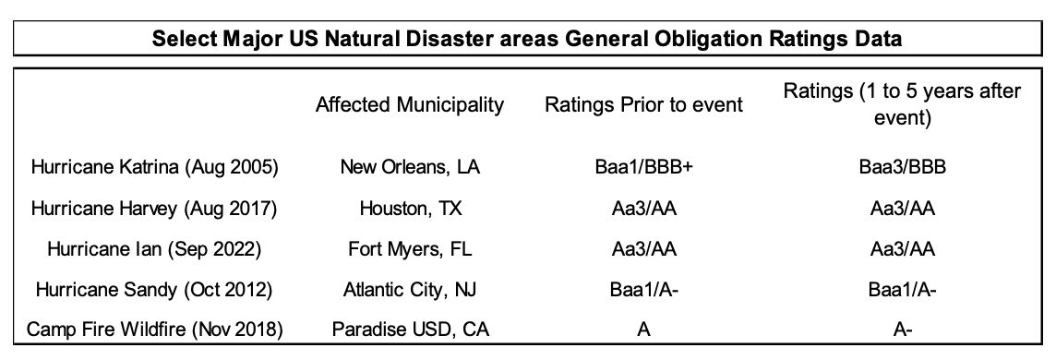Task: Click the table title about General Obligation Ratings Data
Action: (x=527, y=39)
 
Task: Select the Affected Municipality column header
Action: (x=410, y=105)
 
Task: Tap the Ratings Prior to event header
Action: (x=643, y=105)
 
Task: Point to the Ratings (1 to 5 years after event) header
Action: (x=902, y=104)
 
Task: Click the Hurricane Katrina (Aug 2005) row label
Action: (x=154, y=167)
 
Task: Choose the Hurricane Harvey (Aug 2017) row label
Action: (x=154, y=209)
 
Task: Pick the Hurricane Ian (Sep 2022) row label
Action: (x=154, y=249)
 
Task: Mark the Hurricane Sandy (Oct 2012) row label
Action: (x=154, y=289)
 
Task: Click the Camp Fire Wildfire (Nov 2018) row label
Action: (x=154, y=330)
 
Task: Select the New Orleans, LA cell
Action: (x=410, y=167)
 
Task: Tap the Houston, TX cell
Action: (x=411, y=209)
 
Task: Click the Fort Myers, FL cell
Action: (x=410, y=249)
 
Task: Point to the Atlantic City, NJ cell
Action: (x=410, y=289)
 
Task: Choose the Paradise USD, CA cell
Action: (x=410, y=330)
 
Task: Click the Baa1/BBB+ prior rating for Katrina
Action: (x=643, y=167)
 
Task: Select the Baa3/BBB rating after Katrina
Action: (x=903, y=167)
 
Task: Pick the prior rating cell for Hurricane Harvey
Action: (x=643, y=209)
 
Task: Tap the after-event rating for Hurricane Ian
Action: (x=903, y=249)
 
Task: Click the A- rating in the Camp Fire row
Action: (x=903, y=330)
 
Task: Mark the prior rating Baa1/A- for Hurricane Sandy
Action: (x=643, y=289)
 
